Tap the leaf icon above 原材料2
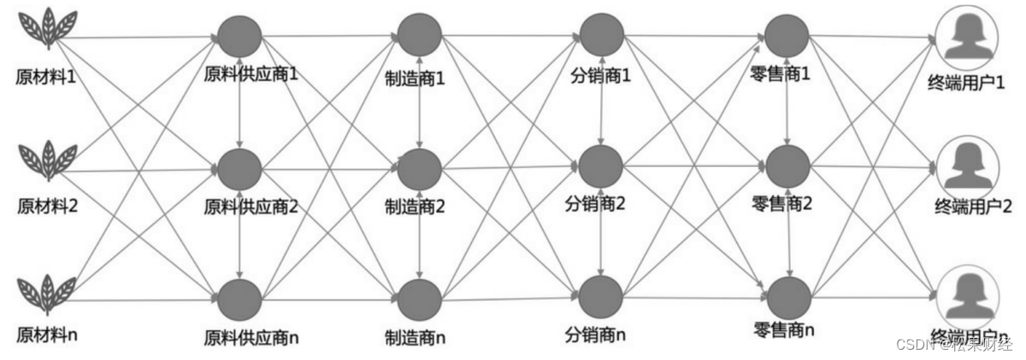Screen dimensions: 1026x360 pyautogui.click(x=48, y=159)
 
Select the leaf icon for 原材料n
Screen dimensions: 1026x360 pyautogui.click(x=48, y=293)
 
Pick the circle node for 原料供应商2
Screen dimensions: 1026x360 pyautogui.click(x=239, y=169)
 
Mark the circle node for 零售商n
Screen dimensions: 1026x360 pyautogui.click(x=787, y=296)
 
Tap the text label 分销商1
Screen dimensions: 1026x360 pyautogui.click(x=601, y=76)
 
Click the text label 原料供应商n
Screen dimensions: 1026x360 pyautogui.click(x=252, y=337)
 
